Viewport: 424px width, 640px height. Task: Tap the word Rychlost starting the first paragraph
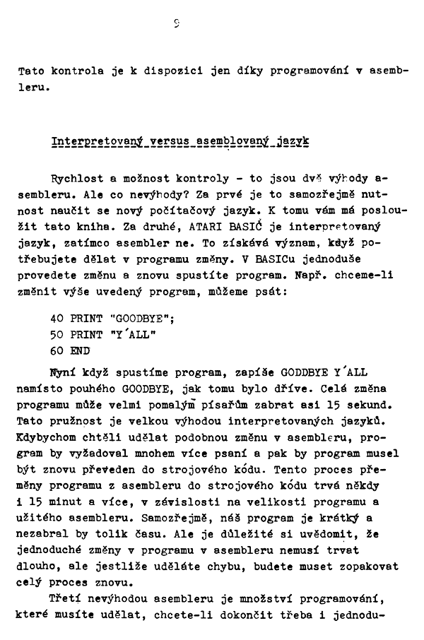coord(75,179)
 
